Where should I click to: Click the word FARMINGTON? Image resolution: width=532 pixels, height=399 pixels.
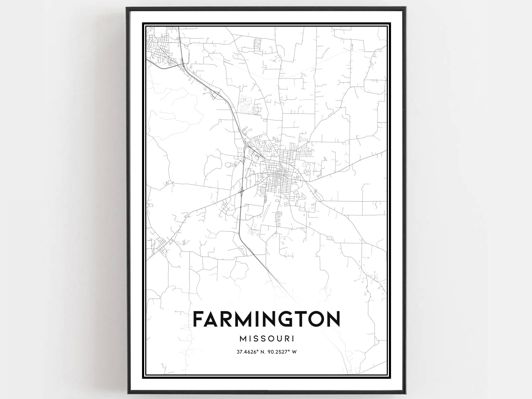[266, 319]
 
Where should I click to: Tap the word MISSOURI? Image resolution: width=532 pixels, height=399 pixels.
[267, 339]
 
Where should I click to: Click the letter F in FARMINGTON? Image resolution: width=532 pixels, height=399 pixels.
[198, 319]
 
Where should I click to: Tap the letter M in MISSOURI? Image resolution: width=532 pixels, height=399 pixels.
[243, 339]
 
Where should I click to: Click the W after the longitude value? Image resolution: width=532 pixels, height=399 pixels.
[294, 352]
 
